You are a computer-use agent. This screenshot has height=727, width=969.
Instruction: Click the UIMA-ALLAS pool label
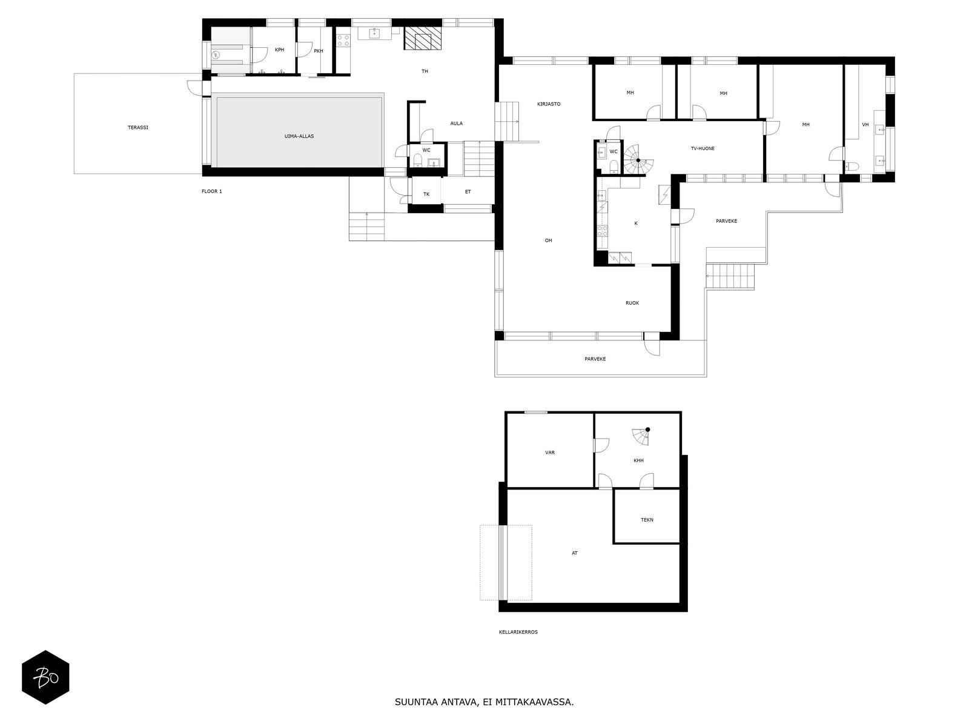[x=299, y=136]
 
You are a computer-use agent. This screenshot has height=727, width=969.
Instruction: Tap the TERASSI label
[x=137, y=128]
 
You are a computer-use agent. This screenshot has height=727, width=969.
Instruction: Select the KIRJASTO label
[x=549, y=104]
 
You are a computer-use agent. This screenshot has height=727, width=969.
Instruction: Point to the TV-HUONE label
[x=703, y=149]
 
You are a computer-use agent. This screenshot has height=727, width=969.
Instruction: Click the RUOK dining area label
[x=632, y=304]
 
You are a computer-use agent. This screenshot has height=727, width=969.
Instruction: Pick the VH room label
[x=865, y=125]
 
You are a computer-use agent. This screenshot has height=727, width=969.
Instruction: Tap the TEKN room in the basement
[x=647, y=520]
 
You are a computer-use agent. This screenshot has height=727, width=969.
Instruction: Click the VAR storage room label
[x=550, y=453]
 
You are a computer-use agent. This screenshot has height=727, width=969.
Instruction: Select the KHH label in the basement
[x=638, y=460]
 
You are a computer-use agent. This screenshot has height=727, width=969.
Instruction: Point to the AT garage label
[x=574, y=553]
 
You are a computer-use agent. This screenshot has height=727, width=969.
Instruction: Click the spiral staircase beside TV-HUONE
[x=638, y=160]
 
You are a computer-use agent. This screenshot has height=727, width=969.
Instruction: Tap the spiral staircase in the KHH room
[x=641, y=437]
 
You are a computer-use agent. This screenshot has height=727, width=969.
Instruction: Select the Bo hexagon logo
[x=45, y=677]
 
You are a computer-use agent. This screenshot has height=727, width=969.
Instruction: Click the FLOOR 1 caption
[x=212, y=191]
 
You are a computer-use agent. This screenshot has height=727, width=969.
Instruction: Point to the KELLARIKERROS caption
[x=518, y=632]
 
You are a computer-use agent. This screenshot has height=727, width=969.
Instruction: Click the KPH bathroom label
[x=279, y=50]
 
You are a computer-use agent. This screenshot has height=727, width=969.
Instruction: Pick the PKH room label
[x=319, y=51]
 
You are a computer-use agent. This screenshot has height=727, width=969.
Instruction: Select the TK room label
[x=426, y=194]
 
